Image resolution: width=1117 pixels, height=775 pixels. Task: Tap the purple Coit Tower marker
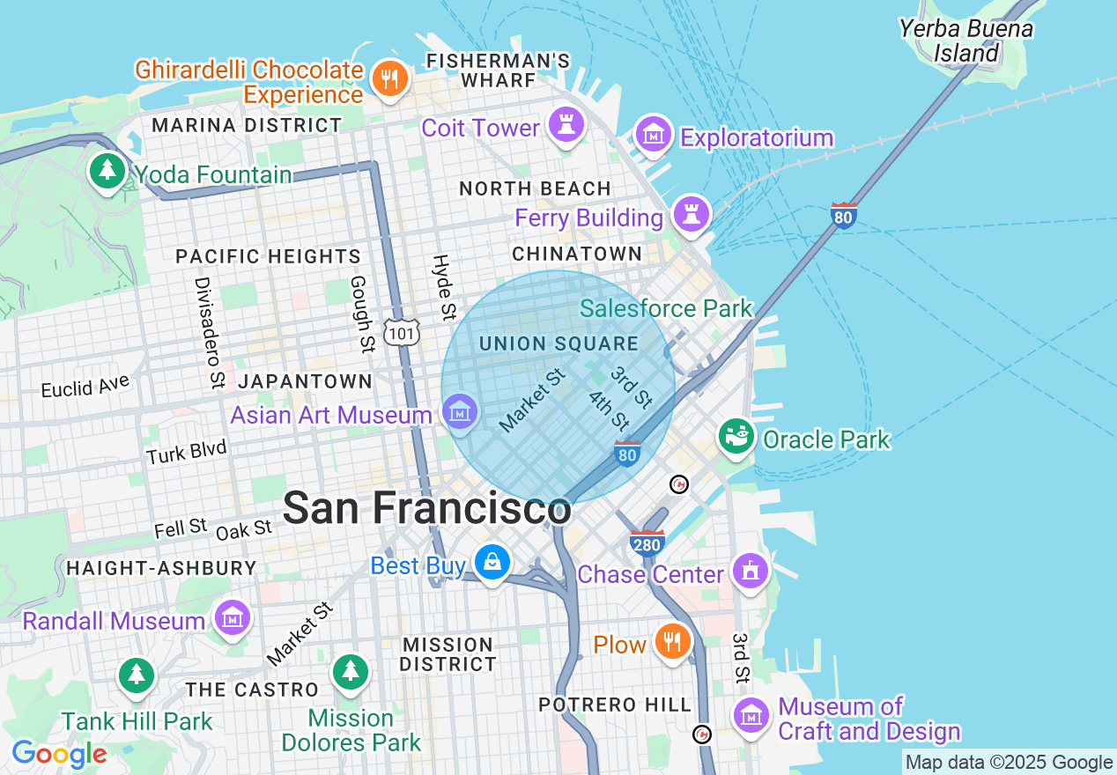click(566, 126)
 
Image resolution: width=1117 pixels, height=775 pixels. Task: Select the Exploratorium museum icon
click(654, 136)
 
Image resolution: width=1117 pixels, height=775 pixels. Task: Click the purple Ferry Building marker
click(692, 214)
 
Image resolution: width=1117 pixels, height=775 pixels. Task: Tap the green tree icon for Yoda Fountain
click(107, 172)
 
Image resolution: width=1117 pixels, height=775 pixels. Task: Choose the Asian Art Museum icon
click(460, 411)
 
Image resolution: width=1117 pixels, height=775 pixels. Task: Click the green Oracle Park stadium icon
click(736, 436)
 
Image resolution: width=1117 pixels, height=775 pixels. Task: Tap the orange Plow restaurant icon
click(672, 642)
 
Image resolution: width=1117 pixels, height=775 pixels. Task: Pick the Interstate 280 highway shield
click(647, 542)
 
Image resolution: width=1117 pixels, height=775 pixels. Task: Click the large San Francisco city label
click(426, 508)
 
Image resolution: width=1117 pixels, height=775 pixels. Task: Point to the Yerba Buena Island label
click(965, 41)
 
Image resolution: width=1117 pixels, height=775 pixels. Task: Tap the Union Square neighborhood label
click(559, 343)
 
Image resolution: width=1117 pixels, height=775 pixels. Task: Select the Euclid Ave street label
click(85, 386)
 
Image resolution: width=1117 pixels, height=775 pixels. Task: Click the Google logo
click(59, 754)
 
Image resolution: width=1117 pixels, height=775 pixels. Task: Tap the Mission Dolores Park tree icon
click(351, 674)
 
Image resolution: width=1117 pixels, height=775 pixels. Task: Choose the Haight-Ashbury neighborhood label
click(161, 567)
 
